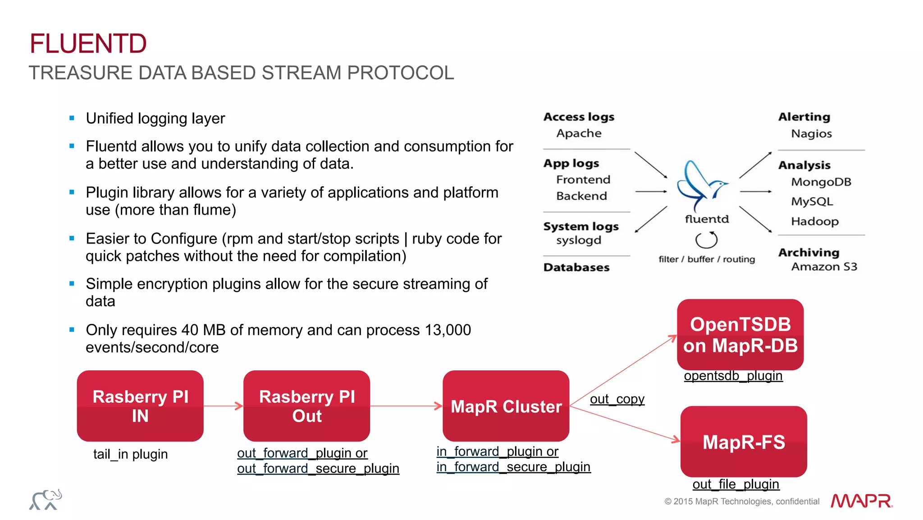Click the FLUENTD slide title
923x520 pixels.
click(x=88, y=44)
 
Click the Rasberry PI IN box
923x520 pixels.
click(x=140, y=405)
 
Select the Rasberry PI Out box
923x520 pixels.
click(x=306, y=405)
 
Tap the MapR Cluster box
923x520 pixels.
click(x=506, y=406)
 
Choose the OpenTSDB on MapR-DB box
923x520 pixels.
click(x=740, y=335)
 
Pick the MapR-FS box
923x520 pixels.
click(x=744, y=442)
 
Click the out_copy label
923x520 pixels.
click(x=617, y=399)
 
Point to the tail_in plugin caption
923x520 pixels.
click(x=130, y=454)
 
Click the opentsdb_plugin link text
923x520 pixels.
click(x=733, y=376)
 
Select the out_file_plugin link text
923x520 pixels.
click(x=736, y=484)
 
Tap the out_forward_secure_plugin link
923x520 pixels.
click(x=318, y=469)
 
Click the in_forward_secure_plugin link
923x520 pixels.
click(x=513, y=467)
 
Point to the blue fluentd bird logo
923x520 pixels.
click(x=701, y=185)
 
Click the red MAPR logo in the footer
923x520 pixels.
click(x=861, y=501)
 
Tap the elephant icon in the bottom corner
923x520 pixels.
click(x=46, y=500)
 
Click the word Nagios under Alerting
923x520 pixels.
click(x=811, y=134)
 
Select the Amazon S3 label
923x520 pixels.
click(x=824, y=267)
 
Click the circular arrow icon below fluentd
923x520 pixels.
click(x=706, y=240)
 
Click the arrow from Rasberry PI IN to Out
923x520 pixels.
click(x=223, y=406)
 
